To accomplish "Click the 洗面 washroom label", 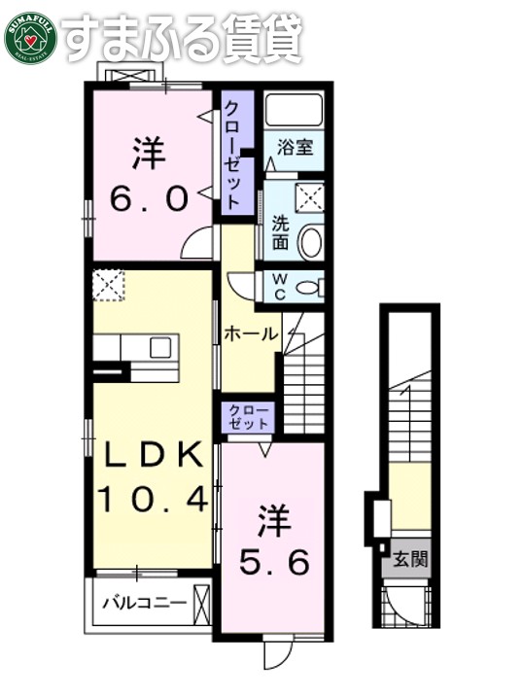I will tap(280, 230).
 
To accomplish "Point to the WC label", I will tap(278, 286).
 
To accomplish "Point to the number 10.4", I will tap(152, 500).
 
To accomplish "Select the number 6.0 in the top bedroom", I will tap(149, 198).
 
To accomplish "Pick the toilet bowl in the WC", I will tap(308, 287).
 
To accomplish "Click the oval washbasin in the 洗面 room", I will tap(309, 242).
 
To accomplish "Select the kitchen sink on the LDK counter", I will tap(158, 347).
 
